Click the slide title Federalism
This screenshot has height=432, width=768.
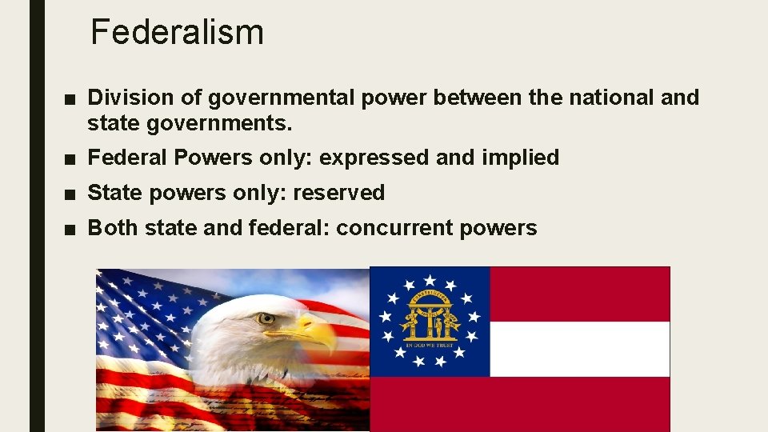[177, 32]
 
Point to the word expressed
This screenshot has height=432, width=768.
[374, 158]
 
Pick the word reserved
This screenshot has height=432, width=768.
[338, 193]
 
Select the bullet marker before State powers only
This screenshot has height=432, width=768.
[71, 194]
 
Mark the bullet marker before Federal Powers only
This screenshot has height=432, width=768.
[71, 158]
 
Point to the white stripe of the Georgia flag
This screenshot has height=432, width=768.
[579, 349]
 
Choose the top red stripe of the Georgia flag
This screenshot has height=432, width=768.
[579, 294]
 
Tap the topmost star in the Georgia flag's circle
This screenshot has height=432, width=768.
[430, 280]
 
